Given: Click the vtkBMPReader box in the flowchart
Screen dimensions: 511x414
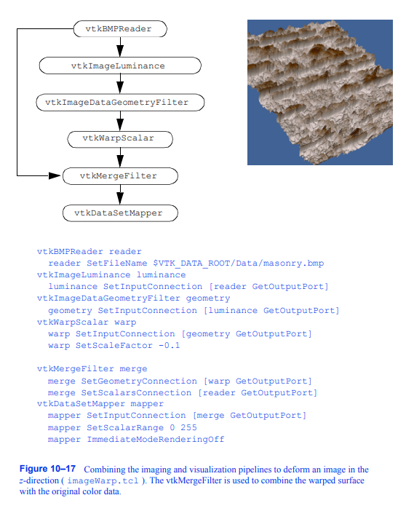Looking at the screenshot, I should point(121,29).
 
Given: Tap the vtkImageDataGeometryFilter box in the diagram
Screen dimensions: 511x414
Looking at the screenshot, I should point(121,103).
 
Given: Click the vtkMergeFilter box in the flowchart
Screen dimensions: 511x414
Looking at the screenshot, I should point(121,175).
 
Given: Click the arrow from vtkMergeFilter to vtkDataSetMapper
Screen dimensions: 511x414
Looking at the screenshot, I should point(120,194).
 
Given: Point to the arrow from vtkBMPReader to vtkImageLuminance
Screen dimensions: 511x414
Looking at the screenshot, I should point(120,47).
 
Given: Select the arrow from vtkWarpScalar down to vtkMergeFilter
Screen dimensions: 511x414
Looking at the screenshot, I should point(120,157).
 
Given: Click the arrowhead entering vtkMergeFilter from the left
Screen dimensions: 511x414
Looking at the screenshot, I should point(55,175).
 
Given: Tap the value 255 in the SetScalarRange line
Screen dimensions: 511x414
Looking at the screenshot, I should point(188,428).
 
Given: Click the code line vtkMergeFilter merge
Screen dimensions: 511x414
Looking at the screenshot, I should point(92,369).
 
